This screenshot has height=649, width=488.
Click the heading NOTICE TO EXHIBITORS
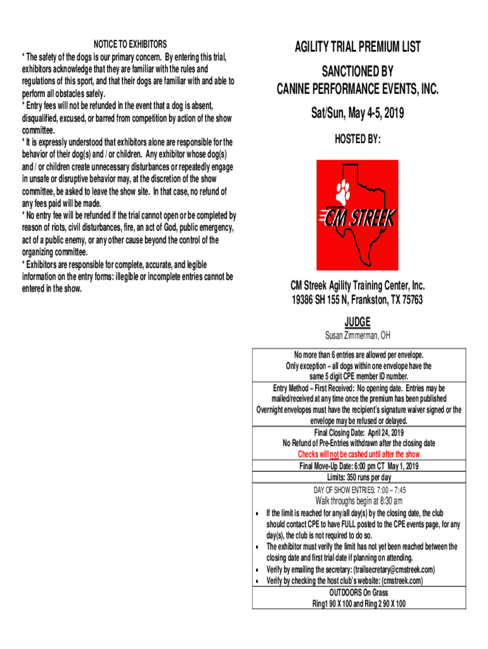(131, 44)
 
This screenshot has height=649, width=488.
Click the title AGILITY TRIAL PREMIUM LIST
(357, 47)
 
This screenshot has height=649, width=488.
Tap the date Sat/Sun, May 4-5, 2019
(357, 113)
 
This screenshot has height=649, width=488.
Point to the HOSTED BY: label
(357, 139)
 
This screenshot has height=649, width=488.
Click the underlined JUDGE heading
(357, 321)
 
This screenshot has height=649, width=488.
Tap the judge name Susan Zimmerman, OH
(357, 335)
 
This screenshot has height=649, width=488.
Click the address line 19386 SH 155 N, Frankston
(357, 300)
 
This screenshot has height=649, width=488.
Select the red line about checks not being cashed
(359, 454)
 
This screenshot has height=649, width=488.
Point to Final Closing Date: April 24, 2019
(359, 433)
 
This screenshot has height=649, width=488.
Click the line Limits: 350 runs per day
(359, 477)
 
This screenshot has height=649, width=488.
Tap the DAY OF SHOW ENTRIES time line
(359, 490)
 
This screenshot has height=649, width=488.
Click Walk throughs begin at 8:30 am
(359, 501)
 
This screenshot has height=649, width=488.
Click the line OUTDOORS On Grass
(359, 593)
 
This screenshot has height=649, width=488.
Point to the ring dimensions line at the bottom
(359, 603)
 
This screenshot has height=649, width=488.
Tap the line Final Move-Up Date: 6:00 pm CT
(359, 466)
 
